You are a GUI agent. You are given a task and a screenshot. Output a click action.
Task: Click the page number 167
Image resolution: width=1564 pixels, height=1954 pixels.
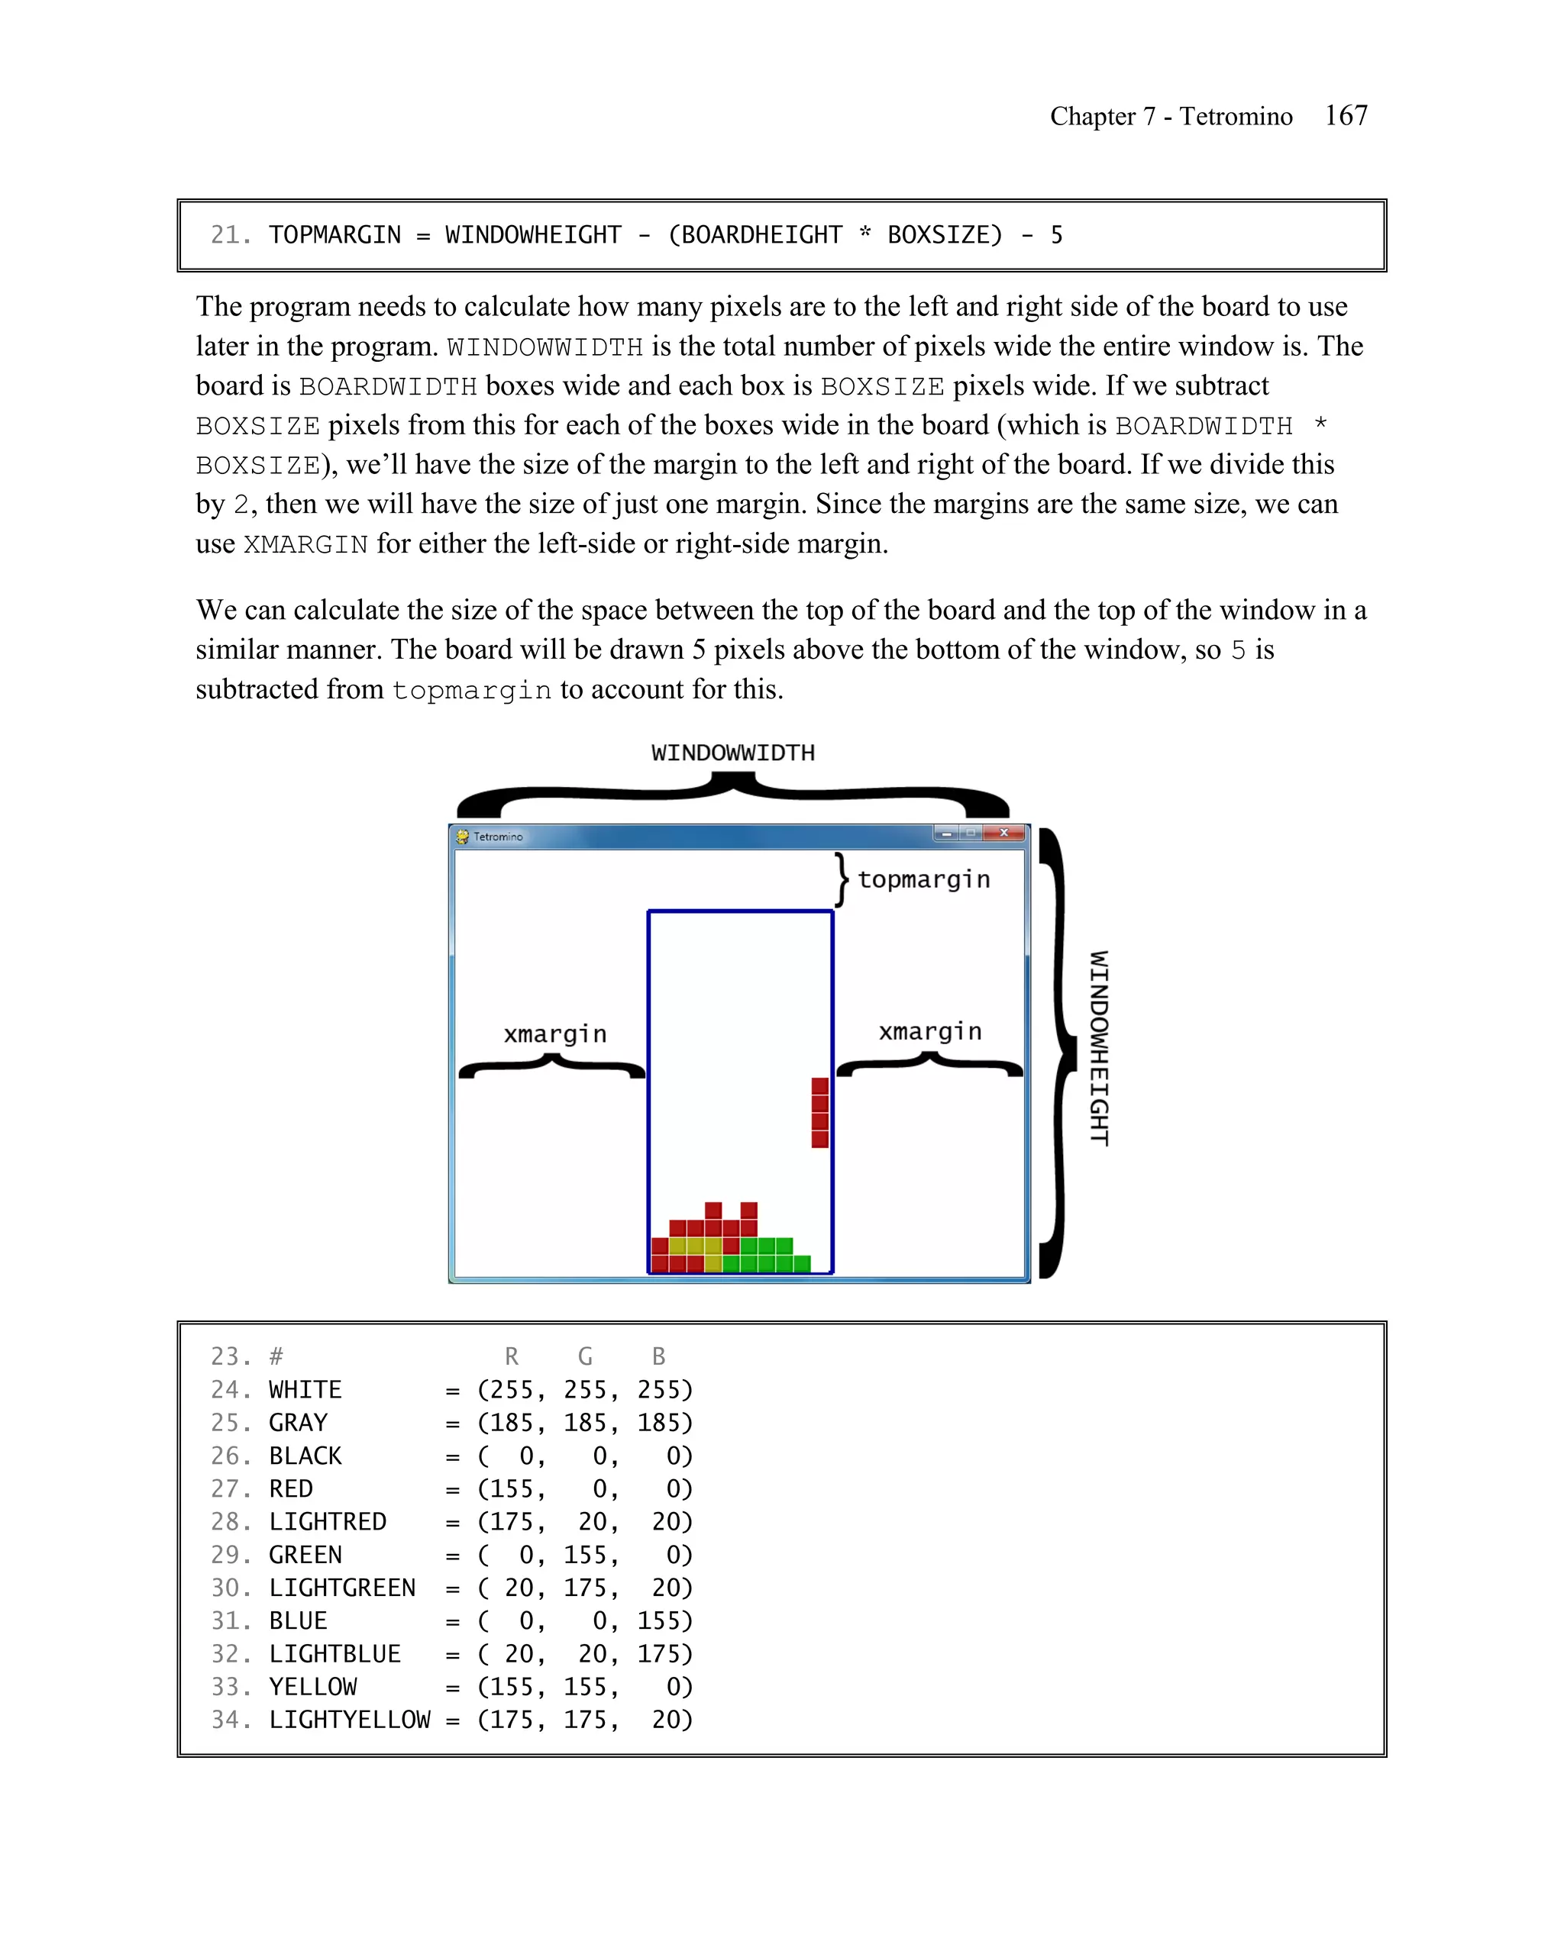coord(1346,115)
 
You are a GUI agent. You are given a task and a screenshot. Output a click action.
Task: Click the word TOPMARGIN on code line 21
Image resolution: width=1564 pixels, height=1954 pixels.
coord(334,235)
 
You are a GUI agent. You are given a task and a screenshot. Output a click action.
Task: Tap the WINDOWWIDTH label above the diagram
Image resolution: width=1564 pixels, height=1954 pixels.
coord(732,753)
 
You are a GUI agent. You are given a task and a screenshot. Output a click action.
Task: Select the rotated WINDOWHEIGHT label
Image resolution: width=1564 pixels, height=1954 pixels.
coord(1099,1049)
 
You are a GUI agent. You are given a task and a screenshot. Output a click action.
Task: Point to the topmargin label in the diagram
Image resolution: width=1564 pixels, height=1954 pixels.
coord(923,879)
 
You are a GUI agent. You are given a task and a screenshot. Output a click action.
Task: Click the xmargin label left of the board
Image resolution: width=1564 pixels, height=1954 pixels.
coord(555,1034)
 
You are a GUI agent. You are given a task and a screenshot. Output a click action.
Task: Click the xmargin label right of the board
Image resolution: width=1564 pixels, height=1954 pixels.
coord(930,1031)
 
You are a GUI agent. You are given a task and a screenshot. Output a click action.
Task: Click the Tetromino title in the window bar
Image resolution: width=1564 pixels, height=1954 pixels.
coord(498,837)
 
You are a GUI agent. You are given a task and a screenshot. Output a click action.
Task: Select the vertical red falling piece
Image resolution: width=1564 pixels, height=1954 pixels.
coord(819,1113)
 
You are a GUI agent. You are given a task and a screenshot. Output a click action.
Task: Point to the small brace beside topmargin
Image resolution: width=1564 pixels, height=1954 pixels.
coord(842,879)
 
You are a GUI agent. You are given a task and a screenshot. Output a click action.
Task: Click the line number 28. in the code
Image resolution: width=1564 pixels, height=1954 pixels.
coord(231,1522)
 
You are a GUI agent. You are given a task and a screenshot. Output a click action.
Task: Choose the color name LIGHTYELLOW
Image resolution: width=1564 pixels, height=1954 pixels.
coord(349,1720)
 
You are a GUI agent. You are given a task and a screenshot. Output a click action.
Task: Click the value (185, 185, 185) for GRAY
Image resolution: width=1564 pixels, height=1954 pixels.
coord(585,1423)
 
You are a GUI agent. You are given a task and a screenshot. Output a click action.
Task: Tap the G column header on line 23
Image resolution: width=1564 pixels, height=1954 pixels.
coord(585,1357)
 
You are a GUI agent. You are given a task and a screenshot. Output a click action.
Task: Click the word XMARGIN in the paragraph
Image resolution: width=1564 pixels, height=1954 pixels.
coord(305,545)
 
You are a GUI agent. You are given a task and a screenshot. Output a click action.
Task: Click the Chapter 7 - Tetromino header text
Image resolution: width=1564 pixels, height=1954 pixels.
coord(1171,116)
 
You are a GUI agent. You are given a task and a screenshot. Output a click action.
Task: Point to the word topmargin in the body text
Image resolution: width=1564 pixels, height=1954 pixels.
coord(471,691)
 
